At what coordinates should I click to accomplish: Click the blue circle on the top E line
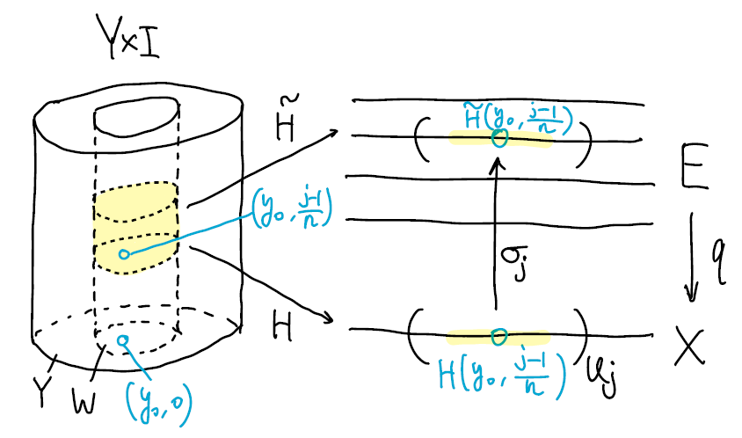pyautogui.click(x=500, y=137)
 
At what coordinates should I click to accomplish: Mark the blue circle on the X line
pyautogui.click(x=499, y=335)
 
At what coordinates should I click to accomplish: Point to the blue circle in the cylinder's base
pyautogui.click(x=123, y=340)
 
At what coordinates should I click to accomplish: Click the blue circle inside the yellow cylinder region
pyautogui.click(x=124, y=255)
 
